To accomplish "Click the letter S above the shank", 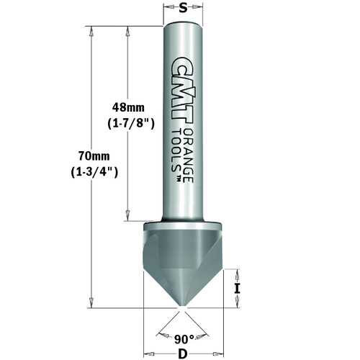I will [183, 9].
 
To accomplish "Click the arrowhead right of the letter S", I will [197, 9].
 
